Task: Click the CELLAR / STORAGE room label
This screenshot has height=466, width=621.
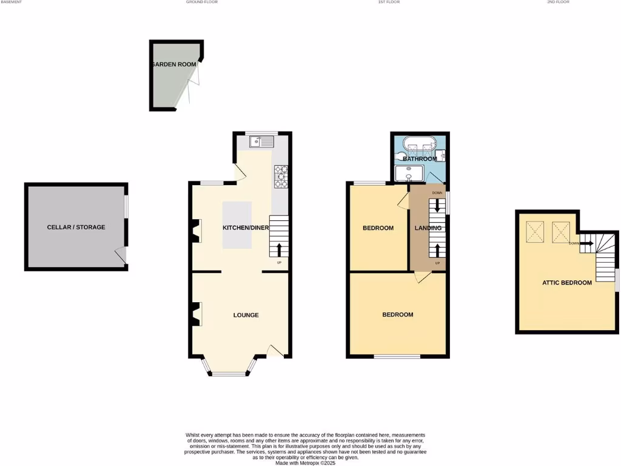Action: [76, 228]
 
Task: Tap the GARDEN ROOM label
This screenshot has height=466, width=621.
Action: [174, 64]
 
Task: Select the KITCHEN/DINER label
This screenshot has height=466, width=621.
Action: [246, 228]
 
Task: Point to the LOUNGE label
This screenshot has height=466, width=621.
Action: [246, 315]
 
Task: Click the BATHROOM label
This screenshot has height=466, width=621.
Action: [420, 159]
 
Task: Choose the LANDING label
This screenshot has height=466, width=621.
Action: [428, 228]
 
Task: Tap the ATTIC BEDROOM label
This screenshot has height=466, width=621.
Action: [567, 283]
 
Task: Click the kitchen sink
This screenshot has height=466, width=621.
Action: [261, 142]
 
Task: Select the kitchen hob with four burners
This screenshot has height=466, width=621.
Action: [281, 176]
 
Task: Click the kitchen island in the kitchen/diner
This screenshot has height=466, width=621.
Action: [237, 225]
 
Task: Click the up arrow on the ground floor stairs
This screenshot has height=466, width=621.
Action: [279, 249]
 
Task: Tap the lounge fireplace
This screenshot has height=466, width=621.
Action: [196, 315]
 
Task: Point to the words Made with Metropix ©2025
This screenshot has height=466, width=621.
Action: [306, 463]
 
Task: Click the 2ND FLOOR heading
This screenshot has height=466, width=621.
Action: [559, 2]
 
